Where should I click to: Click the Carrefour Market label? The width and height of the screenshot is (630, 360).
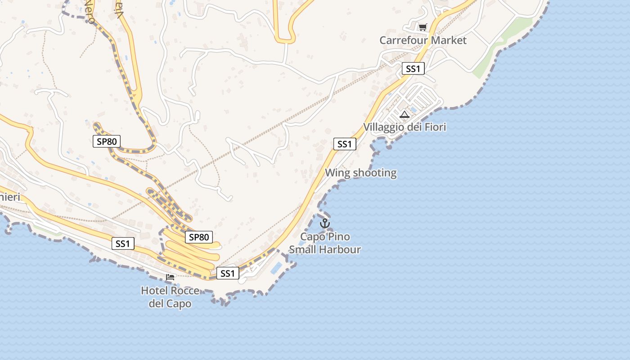[x=423, y=40]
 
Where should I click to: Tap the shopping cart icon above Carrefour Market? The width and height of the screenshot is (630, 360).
[x=422, y=27]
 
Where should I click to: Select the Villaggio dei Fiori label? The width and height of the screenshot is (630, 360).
[x=405, y=127]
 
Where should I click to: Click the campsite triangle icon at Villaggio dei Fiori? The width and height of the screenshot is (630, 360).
[x=404, y=114]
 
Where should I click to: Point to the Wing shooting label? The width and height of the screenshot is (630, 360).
[x=361, y=173]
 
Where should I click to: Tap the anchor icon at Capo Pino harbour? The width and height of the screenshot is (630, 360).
[x=324, y=223]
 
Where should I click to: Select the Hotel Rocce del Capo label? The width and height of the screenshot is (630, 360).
[x=170, y=297]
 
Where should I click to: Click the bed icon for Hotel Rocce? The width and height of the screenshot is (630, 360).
[x=170, y=277]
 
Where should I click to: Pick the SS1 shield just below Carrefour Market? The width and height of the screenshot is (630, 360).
[x=413, y=68]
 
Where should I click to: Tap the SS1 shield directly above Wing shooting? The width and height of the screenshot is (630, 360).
[x=345, y=144]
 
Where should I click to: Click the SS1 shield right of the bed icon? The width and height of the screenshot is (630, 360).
[x=228, y=273]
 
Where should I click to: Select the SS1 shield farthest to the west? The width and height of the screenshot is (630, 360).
[x=123, y=243]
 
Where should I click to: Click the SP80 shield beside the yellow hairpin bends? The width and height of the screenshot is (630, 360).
[x=199, y=237]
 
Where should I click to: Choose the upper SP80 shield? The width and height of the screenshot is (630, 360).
[x=107, y=141]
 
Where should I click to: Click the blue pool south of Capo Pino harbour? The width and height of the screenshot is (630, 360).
[x=276, y=268]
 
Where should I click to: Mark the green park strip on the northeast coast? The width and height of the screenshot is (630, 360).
[x=497, y=47]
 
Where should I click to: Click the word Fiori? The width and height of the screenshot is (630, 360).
[x=432, y=127]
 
